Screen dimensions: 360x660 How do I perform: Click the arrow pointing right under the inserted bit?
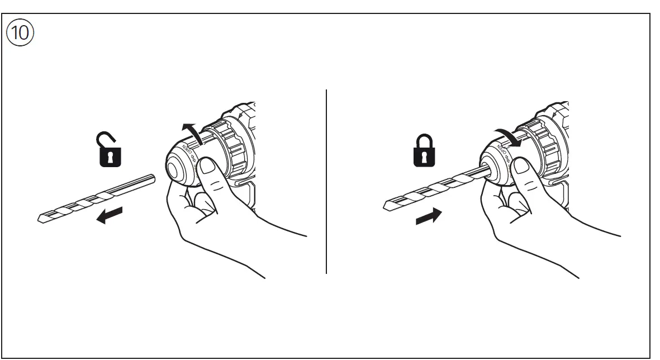429,216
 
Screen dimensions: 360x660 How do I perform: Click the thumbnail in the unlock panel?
209,166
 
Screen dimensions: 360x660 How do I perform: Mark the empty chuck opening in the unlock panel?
179,169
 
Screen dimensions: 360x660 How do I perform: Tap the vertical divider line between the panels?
326,182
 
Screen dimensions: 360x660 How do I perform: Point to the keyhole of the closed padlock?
424,156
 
